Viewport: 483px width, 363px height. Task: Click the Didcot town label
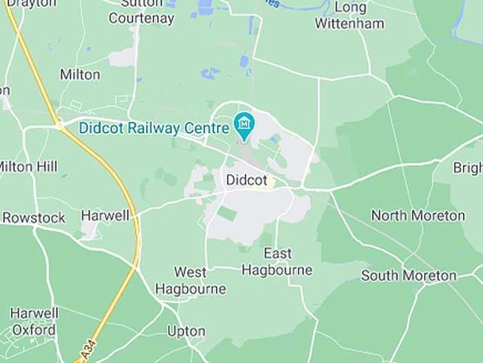click(247, 180)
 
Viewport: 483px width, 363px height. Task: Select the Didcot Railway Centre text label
click(154, 128)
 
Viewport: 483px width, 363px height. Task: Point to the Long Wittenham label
click(350, 16)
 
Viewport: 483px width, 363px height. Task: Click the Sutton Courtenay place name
click(141, 11)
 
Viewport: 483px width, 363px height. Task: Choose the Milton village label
click(80, 74)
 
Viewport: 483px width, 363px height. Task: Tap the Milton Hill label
click(29, 167)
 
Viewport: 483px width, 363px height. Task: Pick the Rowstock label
click(34, 218)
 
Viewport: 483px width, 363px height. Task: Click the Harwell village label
click(105, 216)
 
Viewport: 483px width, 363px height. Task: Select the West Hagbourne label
click(191, 280)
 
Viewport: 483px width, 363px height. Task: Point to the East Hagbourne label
click(277, 262)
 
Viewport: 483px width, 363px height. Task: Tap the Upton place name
click(186, 331)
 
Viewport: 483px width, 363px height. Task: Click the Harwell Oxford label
click(34, 321)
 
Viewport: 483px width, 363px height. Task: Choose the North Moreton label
click(418, 215)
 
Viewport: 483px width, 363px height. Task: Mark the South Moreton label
click(409, 276)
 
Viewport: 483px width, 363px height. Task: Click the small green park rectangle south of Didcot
click(226, 213)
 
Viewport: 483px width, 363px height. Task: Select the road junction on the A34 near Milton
click(59, 124)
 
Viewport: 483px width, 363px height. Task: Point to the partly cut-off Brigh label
click(468, 168)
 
